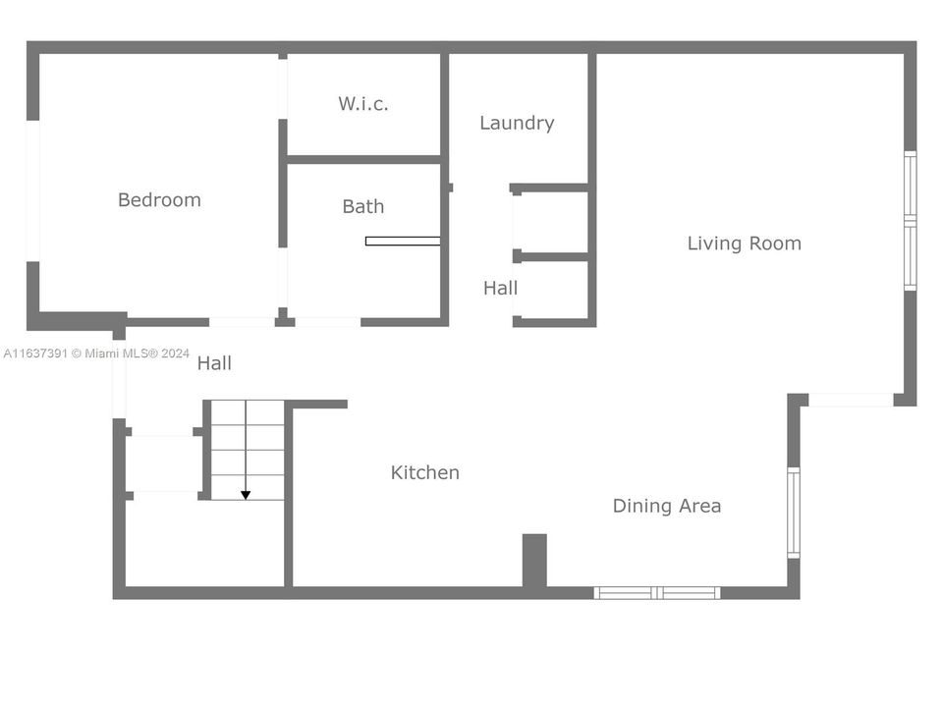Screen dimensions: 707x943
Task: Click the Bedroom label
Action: pos(159,200)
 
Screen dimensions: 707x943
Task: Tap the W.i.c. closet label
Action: pos(363,104)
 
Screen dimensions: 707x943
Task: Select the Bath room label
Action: pos(363,207)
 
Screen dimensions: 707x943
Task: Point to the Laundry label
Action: pos(517,123)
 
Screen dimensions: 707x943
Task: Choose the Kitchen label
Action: pos(425,472)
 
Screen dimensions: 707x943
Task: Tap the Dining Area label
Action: pos(667,507)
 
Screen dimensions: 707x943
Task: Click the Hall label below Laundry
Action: pos(500,289)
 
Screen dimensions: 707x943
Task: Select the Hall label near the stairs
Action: pos(214,363)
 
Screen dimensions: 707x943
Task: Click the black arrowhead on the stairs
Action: pos(246,494)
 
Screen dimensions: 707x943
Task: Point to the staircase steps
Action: pos(248,449)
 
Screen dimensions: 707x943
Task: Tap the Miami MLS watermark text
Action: pos(96,353)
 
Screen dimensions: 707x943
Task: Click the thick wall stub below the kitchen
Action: pos(533,562)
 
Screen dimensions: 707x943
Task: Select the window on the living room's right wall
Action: pos(910,221)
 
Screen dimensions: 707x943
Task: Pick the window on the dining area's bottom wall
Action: pos(657,592)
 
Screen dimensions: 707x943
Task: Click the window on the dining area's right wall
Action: pos(794,513)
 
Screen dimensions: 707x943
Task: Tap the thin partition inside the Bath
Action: pos(403,241)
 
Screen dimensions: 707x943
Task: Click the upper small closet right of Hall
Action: pos(551,221)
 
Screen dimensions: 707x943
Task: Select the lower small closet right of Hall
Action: pos(552,289)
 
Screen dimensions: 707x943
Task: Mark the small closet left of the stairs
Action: pos(163,463)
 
